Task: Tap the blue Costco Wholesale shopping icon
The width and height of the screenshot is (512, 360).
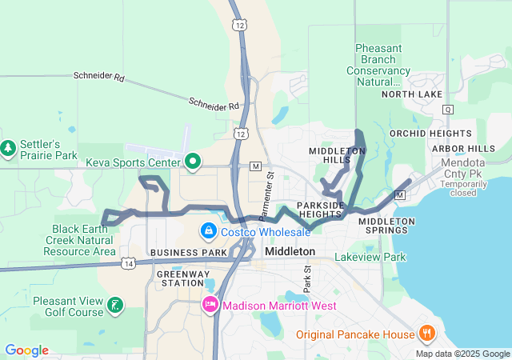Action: (x=208, y=231)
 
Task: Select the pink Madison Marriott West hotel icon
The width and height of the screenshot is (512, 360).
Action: (x=210, y=305)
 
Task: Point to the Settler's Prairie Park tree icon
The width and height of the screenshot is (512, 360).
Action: (x=8, y=148)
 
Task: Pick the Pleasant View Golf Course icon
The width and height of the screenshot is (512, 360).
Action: (x=116, y=305)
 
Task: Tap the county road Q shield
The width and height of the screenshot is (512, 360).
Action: (x=447, y=109)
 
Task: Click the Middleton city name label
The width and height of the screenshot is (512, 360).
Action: (x=289, y=251)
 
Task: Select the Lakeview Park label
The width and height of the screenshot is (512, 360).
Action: (x=370, y=257)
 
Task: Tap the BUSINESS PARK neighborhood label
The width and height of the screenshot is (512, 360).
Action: (x=189, y=252)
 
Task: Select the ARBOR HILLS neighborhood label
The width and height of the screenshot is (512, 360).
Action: (x=463, y=149)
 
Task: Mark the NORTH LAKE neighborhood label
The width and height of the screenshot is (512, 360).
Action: (x=411, y=94)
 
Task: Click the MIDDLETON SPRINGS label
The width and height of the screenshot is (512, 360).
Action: (x=386, y=226)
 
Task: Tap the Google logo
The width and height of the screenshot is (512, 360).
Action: (x=27, y=350)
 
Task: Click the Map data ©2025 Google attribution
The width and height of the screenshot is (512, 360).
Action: (x=462, y=354)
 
